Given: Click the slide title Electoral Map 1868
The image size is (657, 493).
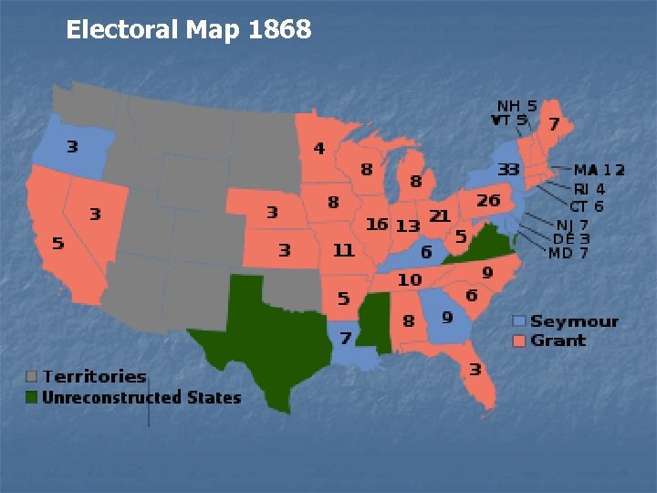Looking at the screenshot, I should coord(189,30).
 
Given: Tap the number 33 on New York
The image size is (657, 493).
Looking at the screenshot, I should coord(508,169).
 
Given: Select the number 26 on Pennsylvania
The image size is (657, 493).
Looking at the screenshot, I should coord(488,200).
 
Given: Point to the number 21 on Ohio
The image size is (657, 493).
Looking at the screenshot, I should coord(440,215).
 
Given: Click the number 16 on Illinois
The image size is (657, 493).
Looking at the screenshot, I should coord(377,224).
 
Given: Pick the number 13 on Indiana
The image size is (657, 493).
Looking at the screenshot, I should coord(408,225).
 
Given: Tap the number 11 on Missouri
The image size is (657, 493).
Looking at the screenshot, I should coord(343,248).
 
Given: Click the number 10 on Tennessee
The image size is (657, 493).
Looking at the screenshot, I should coord(410,279).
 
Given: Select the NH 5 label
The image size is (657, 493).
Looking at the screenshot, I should coord(516,105).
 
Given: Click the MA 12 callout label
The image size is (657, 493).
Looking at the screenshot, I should coord(600,170).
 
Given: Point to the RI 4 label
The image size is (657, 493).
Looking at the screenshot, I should coord(589,189).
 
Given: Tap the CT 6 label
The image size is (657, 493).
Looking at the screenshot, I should coord(587,206).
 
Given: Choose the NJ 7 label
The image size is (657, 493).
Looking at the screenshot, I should coord(572,225).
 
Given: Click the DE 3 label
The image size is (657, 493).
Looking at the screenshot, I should coord(571,238).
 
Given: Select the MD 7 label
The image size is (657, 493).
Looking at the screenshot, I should coord(569,252).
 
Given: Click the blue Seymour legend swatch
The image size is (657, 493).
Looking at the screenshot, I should coord(519,321).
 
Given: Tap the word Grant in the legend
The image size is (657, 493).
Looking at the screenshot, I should coord(558,341).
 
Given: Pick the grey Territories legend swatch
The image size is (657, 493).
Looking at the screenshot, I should coord(32,376).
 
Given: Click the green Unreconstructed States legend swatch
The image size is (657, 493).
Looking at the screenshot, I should coord(32,396).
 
